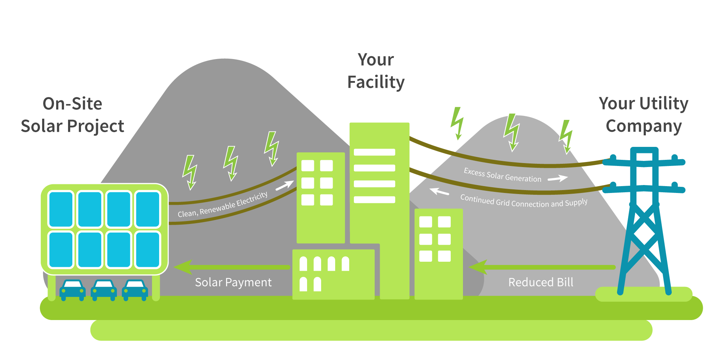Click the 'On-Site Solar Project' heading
72,115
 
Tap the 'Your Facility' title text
376,71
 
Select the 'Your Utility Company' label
644,115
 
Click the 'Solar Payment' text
233,282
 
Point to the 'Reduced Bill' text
541,282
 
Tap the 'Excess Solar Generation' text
502,175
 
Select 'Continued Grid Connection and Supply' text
524,201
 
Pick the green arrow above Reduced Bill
542,267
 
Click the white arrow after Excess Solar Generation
558,178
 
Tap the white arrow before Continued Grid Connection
439,192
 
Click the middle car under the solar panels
104,289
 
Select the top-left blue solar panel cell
61,209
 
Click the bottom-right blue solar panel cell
148,249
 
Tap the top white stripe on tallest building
374,152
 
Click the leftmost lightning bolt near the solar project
190,172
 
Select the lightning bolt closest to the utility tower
566,136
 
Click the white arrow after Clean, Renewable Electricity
285,186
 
